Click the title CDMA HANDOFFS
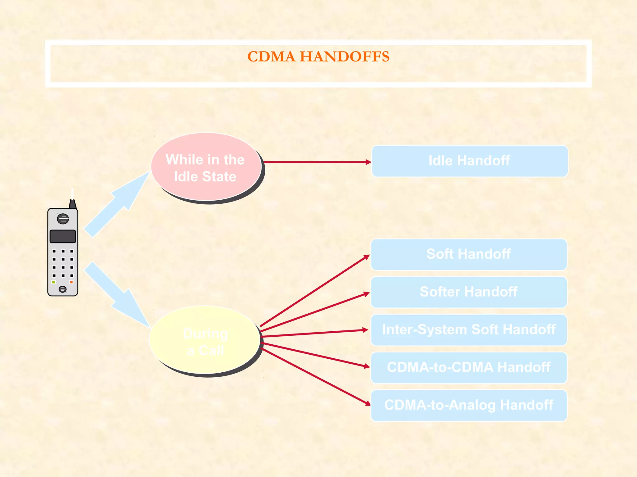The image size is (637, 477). (x=318, y=57)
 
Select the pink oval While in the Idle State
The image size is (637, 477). (x=206, y=167)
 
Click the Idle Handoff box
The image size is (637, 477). (x=470, y=161)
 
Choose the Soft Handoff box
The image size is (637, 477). (x=469, y=254)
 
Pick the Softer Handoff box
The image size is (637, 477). (x=469, y=292)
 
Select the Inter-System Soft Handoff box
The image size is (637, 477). (x=469, y=330)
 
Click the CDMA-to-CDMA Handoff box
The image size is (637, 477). (x=469, y=368)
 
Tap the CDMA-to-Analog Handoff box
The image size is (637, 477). (x=469, y=406)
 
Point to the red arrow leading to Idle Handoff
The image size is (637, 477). (x=317, y=162)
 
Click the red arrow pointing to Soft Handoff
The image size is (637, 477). (x=314, y=291)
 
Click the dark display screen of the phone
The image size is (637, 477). (x=63, y=236)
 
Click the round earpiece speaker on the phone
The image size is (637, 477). (x=63, y=219)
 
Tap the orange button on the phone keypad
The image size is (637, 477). (x=71, y=282)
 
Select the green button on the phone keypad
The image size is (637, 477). (x=54, y=282)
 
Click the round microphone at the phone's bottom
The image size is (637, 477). (x=63, y=289)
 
